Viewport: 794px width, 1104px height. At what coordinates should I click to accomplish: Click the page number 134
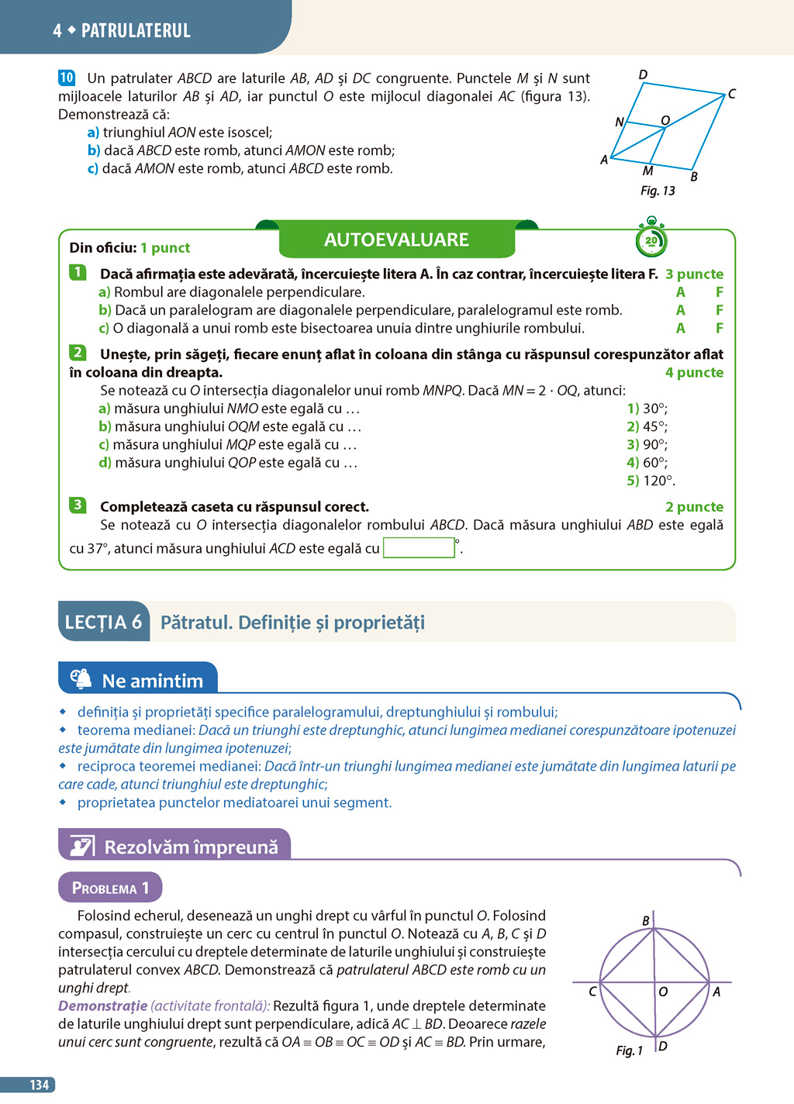[x=39, y=1085]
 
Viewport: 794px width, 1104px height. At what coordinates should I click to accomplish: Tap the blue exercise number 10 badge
[x=67, y=78]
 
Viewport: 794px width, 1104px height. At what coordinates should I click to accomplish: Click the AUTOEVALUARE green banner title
[x=396, y=240]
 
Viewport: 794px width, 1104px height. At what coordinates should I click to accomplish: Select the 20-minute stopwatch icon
[x=651, y=240]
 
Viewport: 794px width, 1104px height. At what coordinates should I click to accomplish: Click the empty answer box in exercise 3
[x=419, y=547]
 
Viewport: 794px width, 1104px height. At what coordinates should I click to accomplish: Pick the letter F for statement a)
[x=720, y=292]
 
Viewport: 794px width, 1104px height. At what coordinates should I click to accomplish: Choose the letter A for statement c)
[x=680, y=328]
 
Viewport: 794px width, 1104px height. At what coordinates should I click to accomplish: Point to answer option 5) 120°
[x=651, y=481]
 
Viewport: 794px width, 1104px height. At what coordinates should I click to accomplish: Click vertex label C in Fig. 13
[x=731, y=94]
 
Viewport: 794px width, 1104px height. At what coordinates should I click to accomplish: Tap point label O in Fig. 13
[x=665, y=120]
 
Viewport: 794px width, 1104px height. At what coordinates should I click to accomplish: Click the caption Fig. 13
[x=658, y=191]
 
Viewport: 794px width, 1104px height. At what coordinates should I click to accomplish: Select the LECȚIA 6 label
[x=103, y=622]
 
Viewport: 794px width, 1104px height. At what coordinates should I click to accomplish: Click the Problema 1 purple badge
[x=110, y=888]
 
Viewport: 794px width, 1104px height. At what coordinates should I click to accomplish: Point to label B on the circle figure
[x=646, y=920]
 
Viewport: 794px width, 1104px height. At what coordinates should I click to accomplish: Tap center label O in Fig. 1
[x=663, y=992]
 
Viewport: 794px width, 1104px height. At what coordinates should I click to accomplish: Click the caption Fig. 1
[x=629, y=1051]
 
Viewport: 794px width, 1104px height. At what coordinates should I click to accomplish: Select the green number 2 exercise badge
[x=78, y=353]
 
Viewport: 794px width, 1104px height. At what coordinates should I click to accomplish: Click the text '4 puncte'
[x=694, y=372]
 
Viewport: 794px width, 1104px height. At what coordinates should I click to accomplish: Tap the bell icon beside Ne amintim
[x=81, y=678]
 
